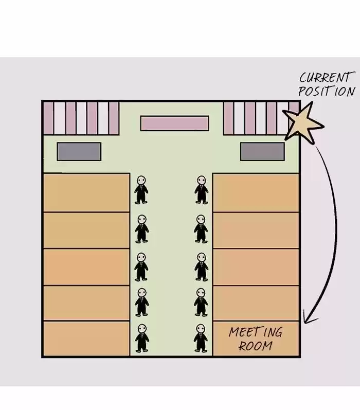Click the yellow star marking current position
click(x=303, y=123)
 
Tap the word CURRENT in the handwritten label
click(x=327, y=77)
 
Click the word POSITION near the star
click(x=327, y=91)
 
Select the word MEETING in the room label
click(x=256, y=332)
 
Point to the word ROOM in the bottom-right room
click(x=256, y=346)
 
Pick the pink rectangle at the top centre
click(x=175, y=123)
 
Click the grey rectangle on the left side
click(x=79, y=151)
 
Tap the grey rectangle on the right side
click(x=262, y=151)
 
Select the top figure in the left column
click(x=141, y=190)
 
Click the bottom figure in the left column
click(x=142, y=338)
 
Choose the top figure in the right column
click(x=201, y=190)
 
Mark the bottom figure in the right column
click(x=201, y=338)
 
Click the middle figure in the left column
click(x=141, y=266)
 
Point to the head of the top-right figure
click(x=201, y=180)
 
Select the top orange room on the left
click(x=86, y=192)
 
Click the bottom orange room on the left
click(x=86, y=339)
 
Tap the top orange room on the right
click(x=256, y=192)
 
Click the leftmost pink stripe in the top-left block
click(x=48, y=118)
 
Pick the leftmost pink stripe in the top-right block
click(x=228, y=118)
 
